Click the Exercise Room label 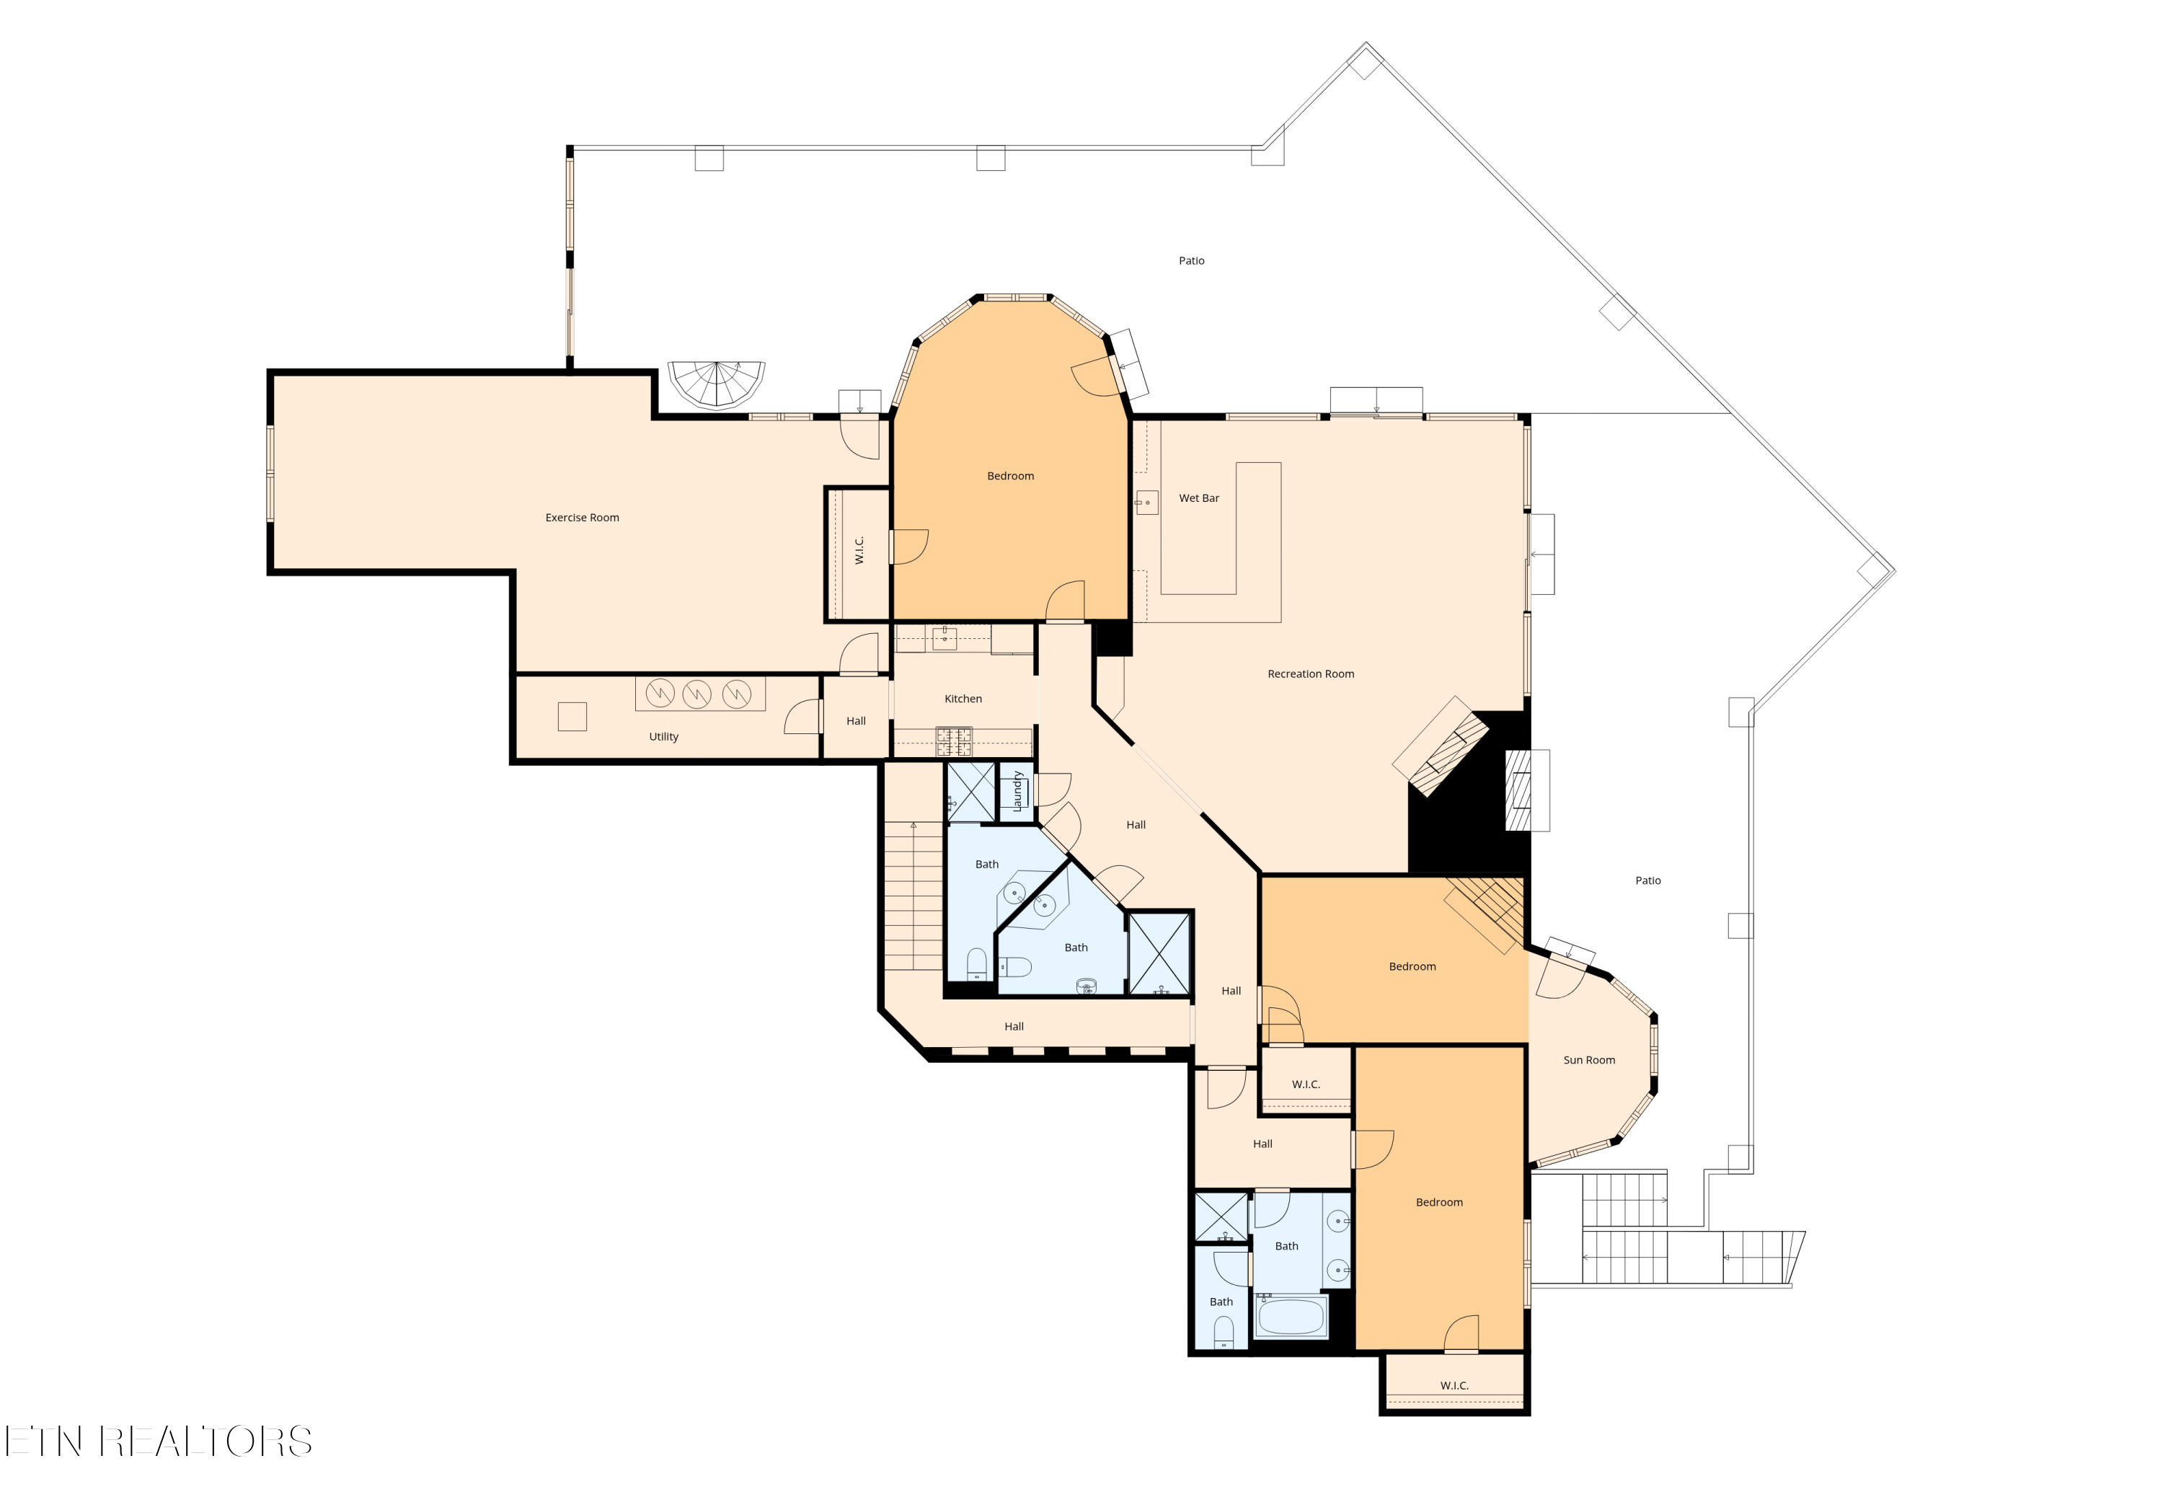tap(582, 517)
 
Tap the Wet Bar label tap(1199, 498)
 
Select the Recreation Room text tap(1311, 674)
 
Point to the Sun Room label tap(1589, 1060)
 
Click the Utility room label tap(663, 737)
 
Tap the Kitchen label tap(963, 699)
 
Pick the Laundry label tap(1017, 791)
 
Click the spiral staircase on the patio tap(717, 384)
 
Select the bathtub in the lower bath tap(1291, 1317)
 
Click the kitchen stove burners tap(953, 741)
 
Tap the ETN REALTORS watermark tap(159, 1441)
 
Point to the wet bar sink tap(1146, 502)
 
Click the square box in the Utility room tap(572, 717)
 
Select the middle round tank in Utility tap(696, 694)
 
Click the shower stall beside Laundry tap(970, 791)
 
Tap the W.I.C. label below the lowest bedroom tap(1454, 1386)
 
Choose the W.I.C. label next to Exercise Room tap(859, 551)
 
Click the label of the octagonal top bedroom tap(1010, 476)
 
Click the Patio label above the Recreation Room tap(1192, 261)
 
